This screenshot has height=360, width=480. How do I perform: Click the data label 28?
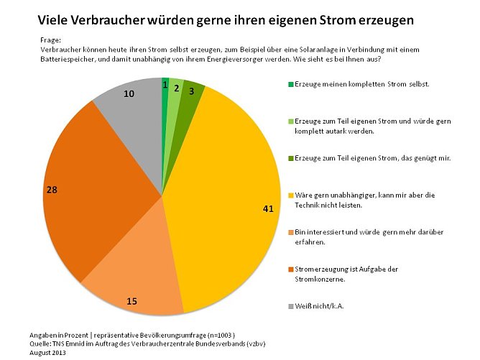click(x=52, y=190)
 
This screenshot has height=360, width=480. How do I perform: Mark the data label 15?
click(x=131, y=301)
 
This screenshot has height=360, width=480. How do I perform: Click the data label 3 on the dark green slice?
click(x=192, y=92)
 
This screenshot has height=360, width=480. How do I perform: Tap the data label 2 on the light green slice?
click(x=177, y=87)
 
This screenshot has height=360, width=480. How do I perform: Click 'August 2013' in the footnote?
click(x=52, y=353)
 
